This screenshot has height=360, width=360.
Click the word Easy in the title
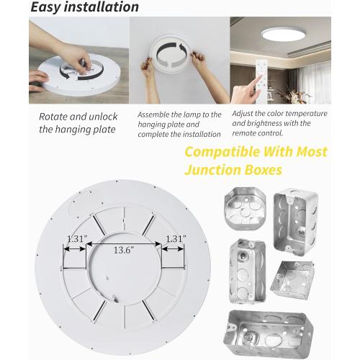[x=47, y=8]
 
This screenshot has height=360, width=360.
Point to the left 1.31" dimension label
[x=76, y=238]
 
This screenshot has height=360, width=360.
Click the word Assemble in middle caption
[x=153, y=114]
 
